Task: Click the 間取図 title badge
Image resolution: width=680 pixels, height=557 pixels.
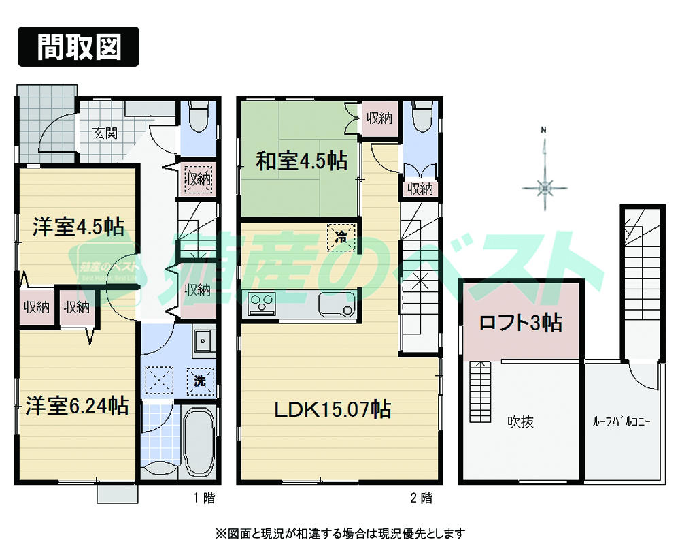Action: point(78,46)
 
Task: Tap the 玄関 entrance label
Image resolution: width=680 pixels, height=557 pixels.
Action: point(105,133)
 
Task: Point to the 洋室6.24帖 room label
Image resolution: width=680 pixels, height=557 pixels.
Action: point(77,407)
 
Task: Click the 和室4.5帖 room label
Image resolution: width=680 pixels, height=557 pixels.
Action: point(301,161)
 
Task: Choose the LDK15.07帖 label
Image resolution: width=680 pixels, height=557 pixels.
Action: point(332,409)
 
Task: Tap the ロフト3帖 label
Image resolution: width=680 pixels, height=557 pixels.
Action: point(521,323)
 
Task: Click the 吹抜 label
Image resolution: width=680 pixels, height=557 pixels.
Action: point(520,422)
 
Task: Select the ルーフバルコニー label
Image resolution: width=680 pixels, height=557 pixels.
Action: point(622,422)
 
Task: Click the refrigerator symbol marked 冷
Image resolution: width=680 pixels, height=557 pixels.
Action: point(341,238)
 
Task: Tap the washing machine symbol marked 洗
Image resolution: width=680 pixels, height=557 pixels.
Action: point(201,381)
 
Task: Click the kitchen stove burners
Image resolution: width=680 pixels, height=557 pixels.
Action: point(260,303)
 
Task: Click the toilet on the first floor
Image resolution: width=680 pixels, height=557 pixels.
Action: point(199,117)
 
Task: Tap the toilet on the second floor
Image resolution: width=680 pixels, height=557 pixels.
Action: point(422,117)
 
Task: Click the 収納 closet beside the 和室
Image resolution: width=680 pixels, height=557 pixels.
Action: point(379,118)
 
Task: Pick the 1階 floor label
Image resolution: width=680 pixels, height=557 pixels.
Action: point(204,498)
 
